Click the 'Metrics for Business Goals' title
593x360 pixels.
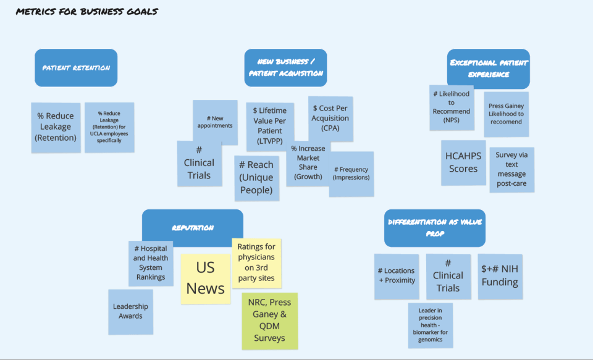point(86,12)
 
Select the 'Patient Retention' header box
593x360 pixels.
point(76,67)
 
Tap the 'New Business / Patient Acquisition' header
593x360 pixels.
point(285,67)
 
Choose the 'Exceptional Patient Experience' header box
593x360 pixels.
point(488,68)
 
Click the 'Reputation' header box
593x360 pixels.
point(192,228)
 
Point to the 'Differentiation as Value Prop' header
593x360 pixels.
point(434,228)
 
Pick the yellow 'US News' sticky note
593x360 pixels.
point(205,278)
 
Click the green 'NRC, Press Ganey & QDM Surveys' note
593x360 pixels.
point(269,320)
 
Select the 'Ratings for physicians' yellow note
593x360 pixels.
point(256,263)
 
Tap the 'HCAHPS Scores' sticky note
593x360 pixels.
point(463,162)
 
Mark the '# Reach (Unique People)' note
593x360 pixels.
point(256,178)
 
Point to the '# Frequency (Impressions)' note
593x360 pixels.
point(351,174)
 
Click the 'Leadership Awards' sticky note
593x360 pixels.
point(130,311)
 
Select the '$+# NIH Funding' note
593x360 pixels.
point(500,276)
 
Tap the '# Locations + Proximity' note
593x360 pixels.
point(396,276)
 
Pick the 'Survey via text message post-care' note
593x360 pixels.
point(511,169)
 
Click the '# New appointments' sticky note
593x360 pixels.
point(215,122)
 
